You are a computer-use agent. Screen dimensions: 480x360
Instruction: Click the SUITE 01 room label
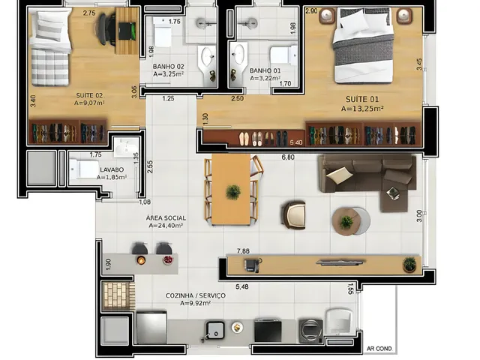tap(362, 99)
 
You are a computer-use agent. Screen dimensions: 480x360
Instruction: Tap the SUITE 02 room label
tap(89, 95)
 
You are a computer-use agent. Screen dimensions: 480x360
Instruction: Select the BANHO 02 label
tap(168, 67)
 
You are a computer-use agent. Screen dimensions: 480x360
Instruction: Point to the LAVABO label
tap(112, 169)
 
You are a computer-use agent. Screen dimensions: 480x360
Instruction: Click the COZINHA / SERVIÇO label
tap(195, 295)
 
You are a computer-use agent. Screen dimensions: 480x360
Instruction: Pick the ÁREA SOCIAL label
tap(166, 218)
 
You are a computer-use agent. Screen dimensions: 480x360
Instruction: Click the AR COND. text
tap(379, 349)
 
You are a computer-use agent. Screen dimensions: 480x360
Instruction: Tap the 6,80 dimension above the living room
tap(288, 157)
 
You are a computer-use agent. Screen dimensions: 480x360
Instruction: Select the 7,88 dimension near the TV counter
tap(243, 251)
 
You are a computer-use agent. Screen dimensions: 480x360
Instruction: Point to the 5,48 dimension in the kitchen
tap(241, 286)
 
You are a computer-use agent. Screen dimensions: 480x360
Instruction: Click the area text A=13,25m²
tap(362, 109)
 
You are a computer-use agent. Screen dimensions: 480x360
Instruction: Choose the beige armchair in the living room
tap(293, 215)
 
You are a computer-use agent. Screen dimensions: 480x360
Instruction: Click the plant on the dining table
tap(233, 192)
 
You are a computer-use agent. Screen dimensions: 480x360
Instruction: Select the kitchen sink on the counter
tap(215, 330)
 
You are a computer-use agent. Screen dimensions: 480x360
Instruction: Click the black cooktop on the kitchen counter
tap(268, 331)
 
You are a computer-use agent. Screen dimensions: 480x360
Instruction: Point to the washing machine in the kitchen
tap(311, 331)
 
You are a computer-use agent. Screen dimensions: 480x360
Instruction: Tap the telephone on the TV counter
tap(253, 265)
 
